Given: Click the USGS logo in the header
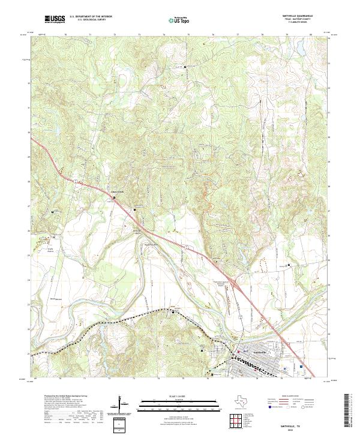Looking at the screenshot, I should pos(55,19).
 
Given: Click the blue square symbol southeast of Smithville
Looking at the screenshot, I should pos(301,366).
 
